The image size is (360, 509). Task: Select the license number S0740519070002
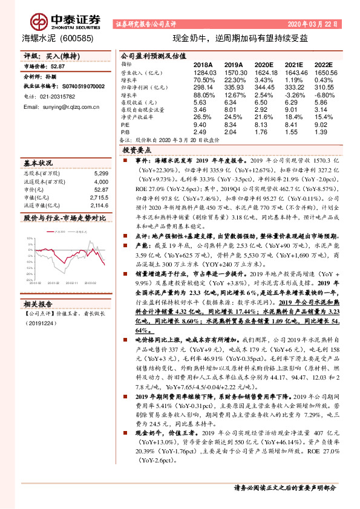[74, 87]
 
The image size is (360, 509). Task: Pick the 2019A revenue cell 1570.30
[234, 71]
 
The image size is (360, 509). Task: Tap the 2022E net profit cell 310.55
[324, 87]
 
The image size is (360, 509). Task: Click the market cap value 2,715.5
[99, 197]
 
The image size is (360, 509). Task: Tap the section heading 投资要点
[137, 149]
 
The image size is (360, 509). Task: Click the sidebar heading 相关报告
[39, 305]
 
